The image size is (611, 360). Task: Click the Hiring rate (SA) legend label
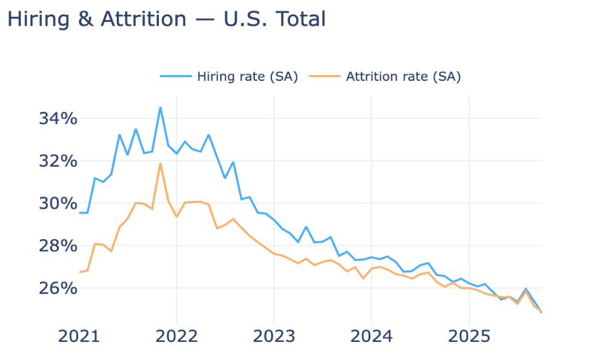(x=247, y=76)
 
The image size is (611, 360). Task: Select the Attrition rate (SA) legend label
(x=403, y=76)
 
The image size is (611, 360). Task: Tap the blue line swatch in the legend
(x=176, y=76)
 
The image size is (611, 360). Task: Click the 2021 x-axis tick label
(x=79, y=337)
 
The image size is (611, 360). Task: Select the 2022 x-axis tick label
(x=176, y=337)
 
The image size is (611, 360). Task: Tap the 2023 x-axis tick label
(x=274, y=337)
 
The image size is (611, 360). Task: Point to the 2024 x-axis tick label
(x=371, y=337)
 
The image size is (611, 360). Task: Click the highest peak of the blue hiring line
(x=160, y=107)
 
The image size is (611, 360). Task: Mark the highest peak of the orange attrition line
(x=160, y=164)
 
